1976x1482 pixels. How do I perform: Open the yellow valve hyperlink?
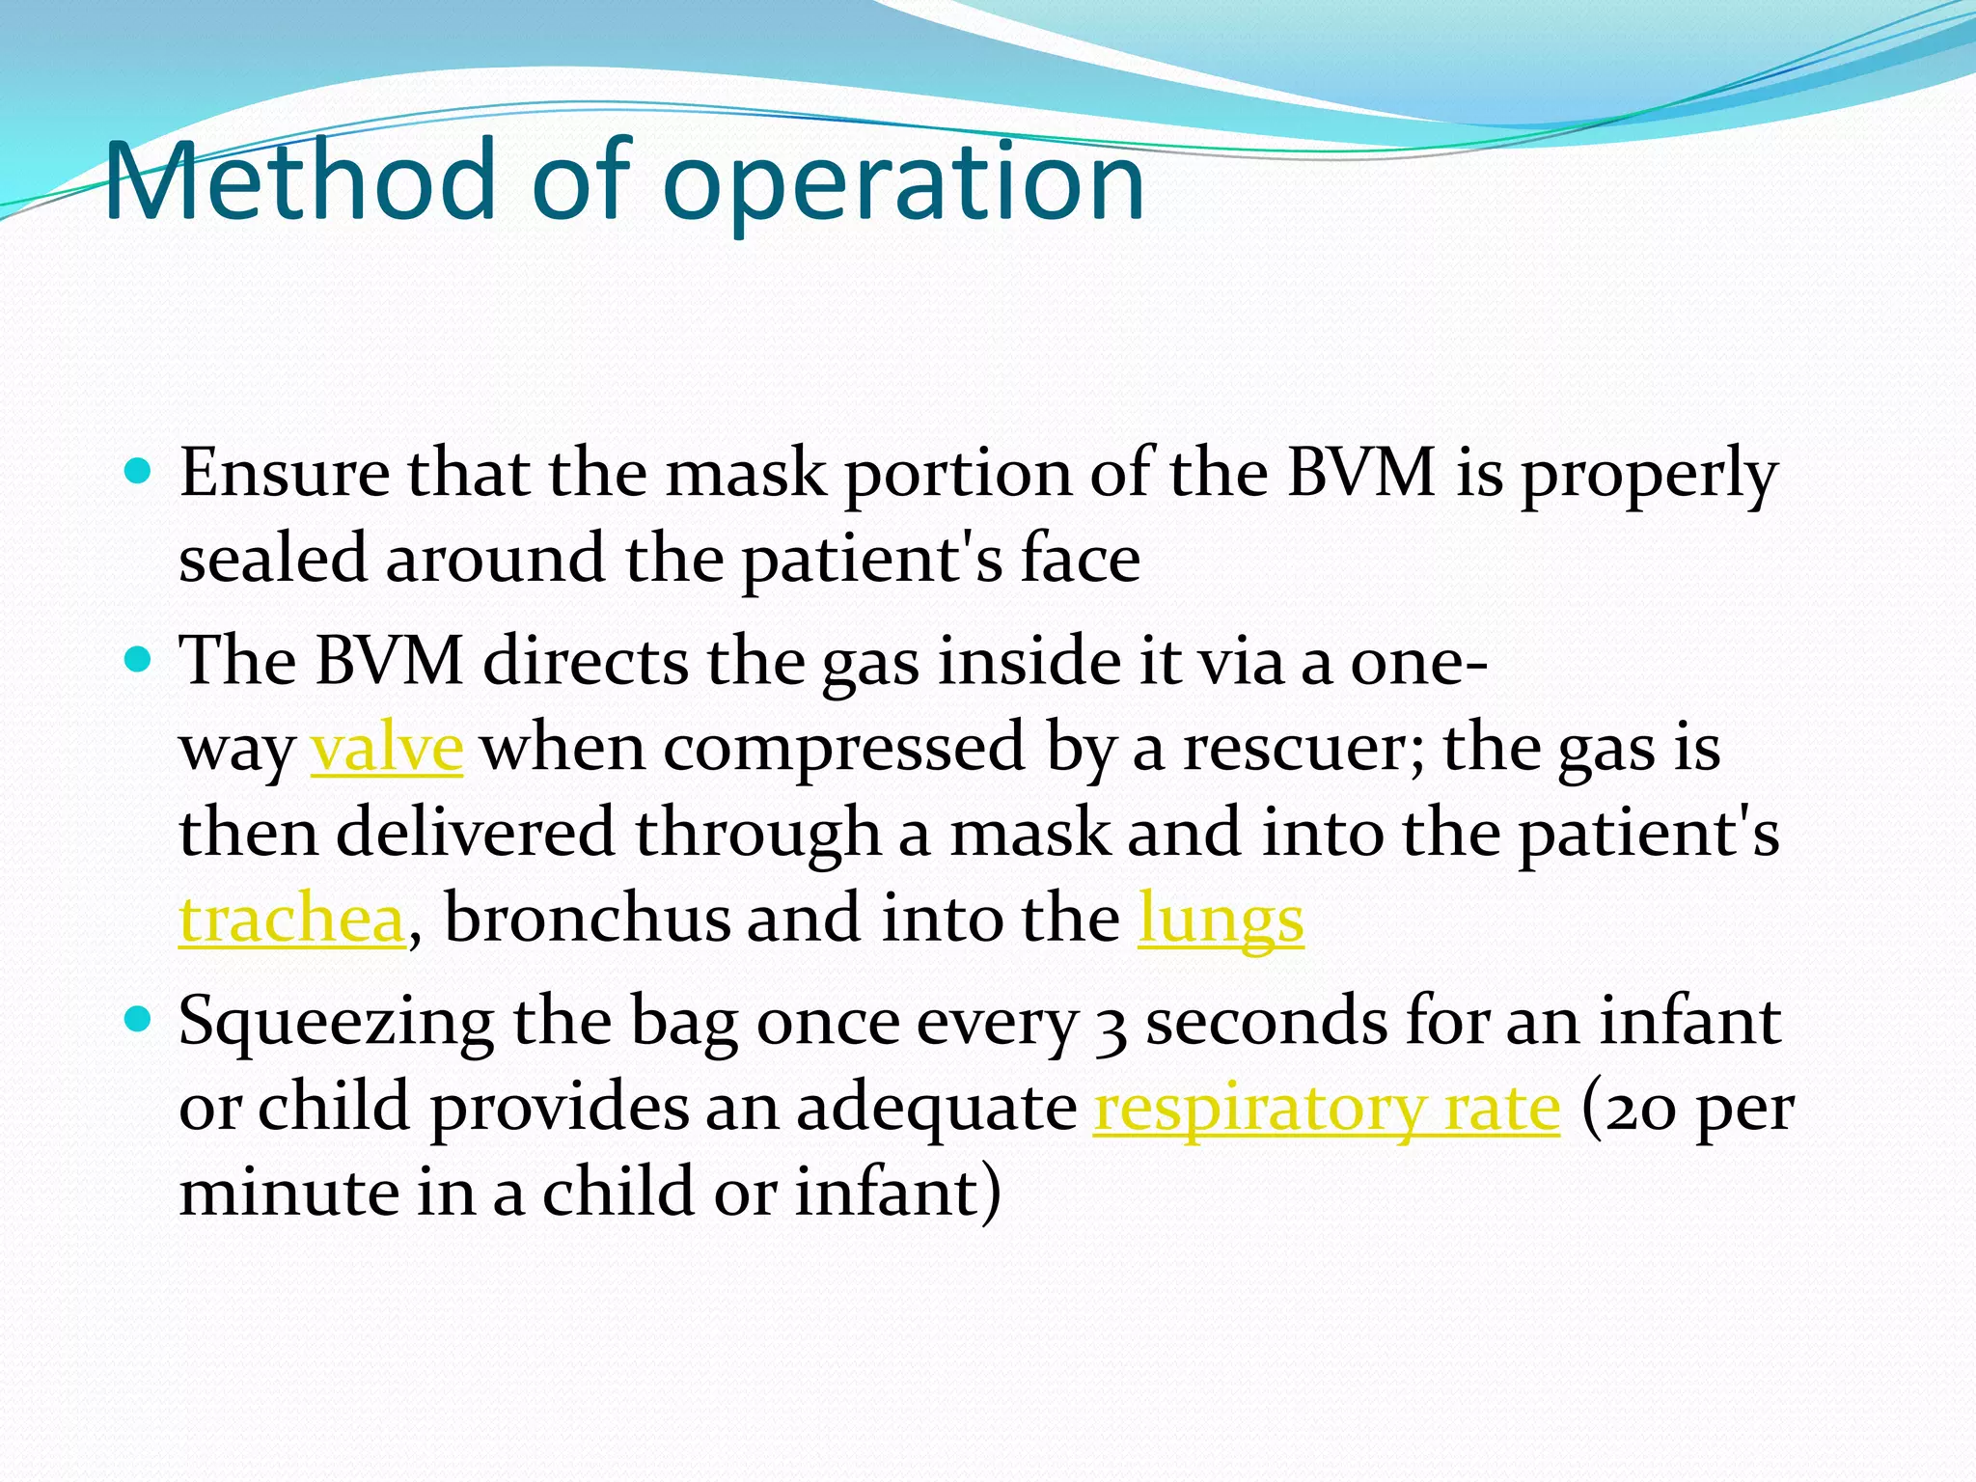pyautogui.click(x=387, y=749)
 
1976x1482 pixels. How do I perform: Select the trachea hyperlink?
pyautogui.click(x=291, y=919)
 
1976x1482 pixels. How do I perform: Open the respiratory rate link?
pyautogui.click(x=1327, y=1108)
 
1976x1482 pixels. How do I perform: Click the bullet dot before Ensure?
pyautogui.click(x=139, y=472)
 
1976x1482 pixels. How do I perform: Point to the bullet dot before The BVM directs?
pyautogui.click(x=139, y=661)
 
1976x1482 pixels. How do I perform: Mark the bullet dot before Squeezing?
pyautogui.click(x=139, y=1019)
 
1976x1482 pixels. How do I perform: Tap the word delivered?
pyautogui.click(x=475, y=833)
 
